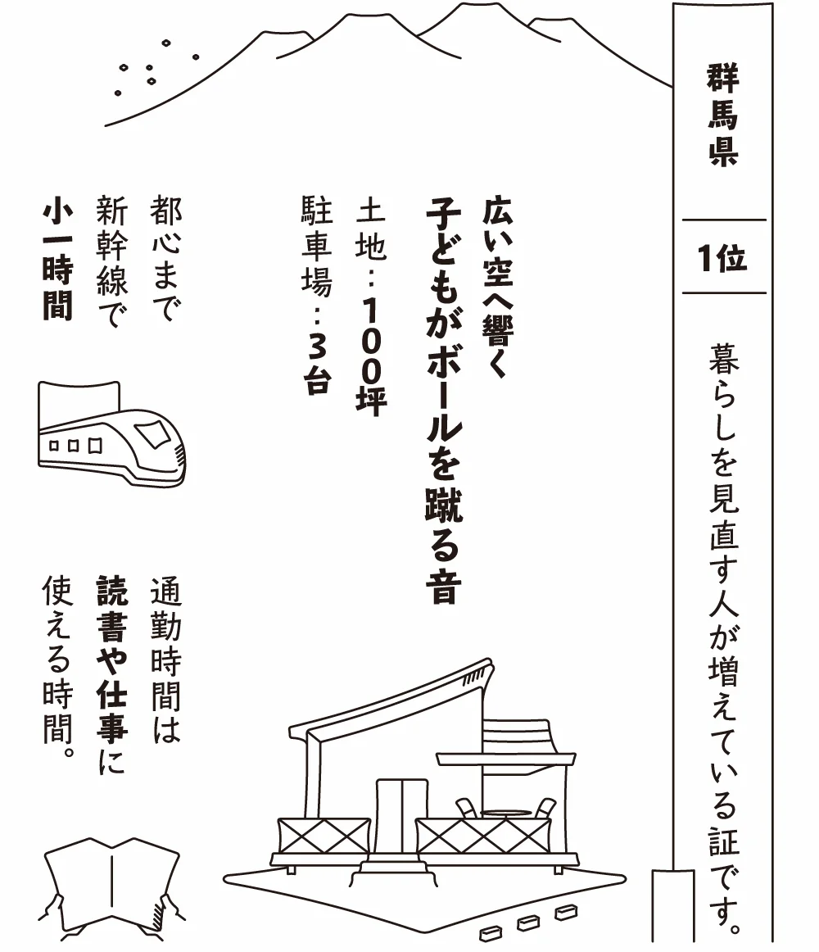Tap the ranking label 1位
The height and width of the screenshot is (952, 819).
click(722, 258)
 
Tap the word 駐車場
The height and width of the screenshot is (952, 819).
click(318, 247)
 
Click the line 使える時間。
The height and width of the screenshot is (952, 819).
click(57, 668)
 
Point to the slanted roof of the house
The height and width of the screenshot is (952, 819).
click(393, 692)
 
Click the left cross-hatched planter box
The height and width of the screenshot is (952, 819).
click(323, 835)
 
